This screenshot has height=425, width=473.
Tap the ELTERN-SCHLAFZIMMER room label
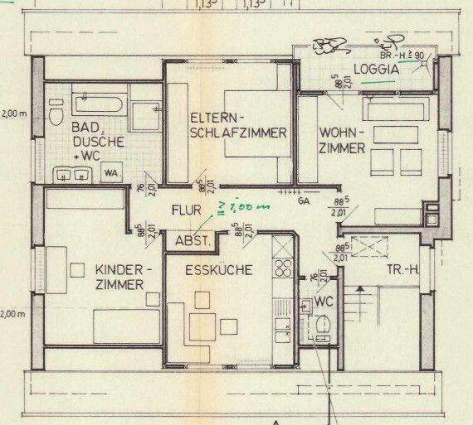[238, 124]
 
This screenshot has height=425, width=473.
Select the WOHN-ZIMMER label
[341, 140]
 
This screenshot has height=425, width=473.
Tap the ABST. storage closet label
[192, 241]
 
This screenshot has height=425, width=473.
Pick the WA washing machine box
[110, 172]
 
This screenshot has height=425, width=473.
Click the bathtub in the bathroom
[97, 107]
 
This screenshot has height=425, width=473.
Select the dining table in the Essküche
[202, 322]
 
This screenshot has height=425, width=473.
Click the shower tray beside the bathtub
[146, 107]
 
